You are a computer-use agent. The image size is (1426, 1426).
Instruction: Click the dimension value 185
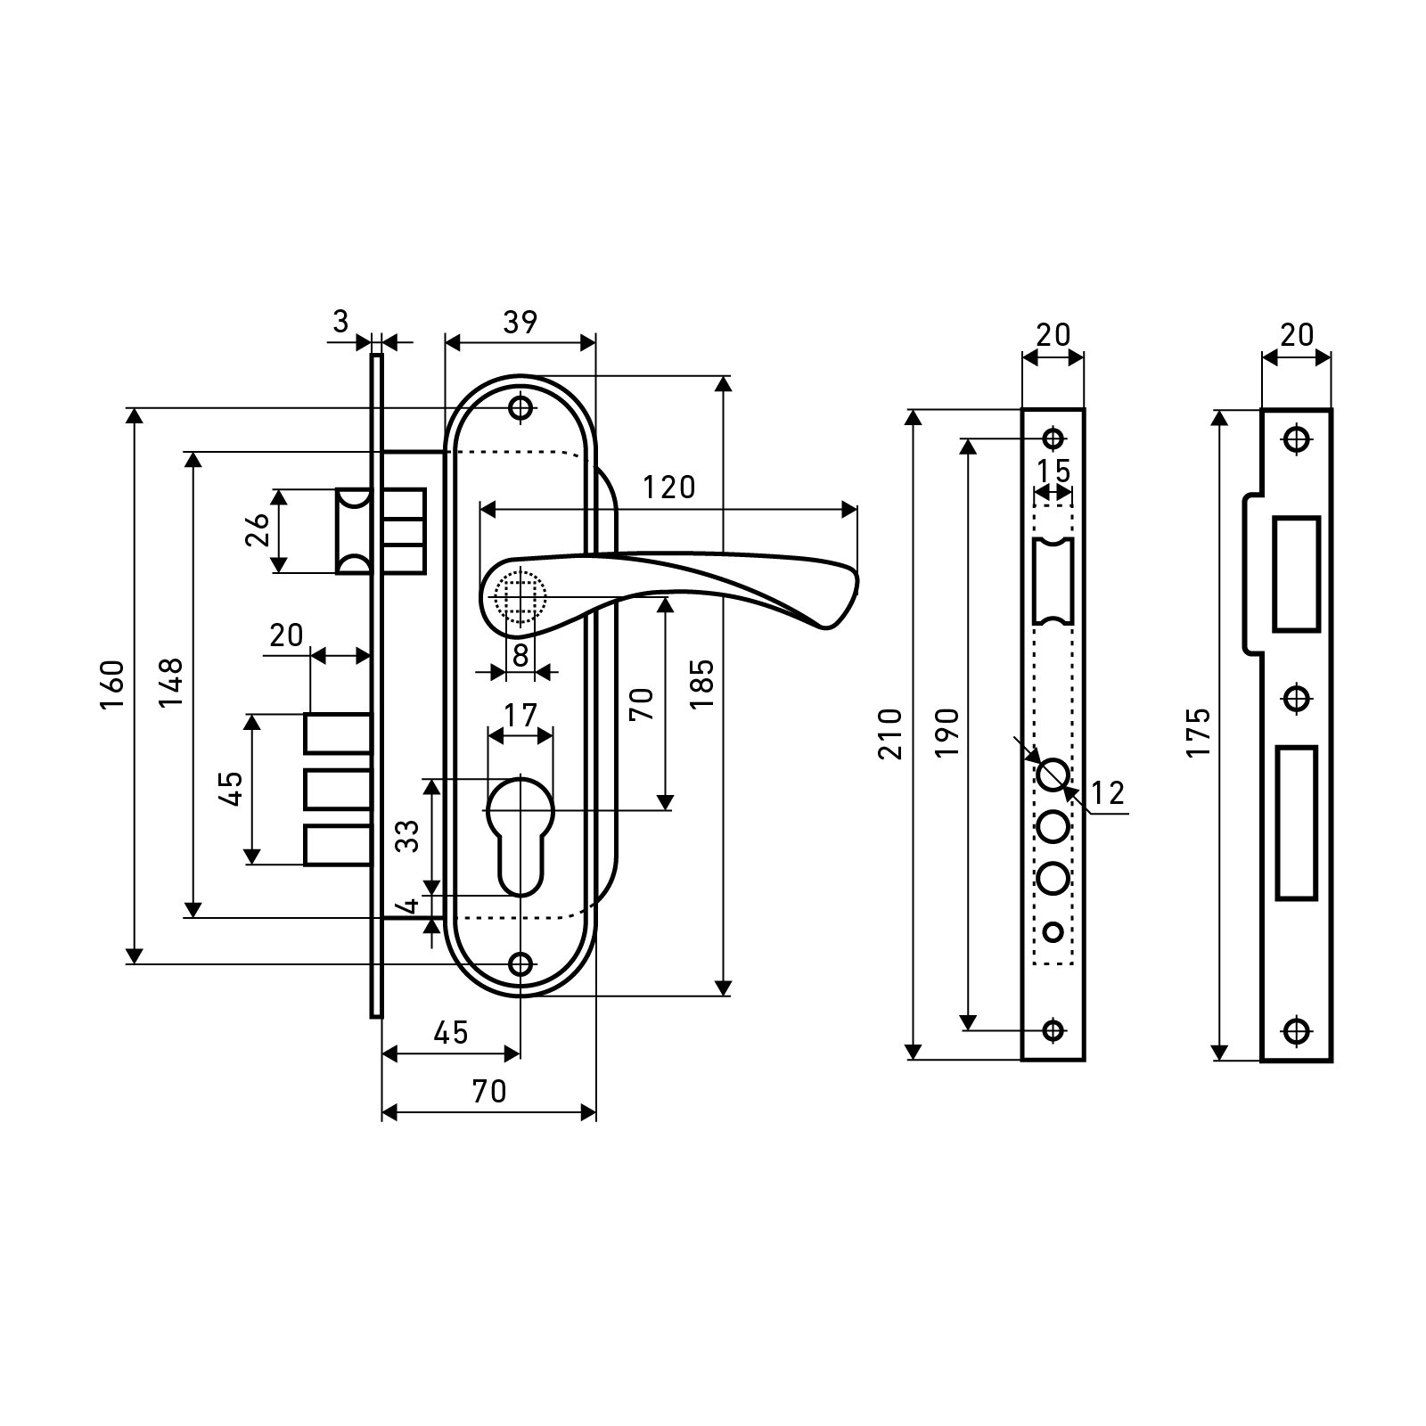[702, 683]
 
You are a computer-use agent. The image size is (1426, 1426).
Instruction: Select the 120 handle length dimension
[669, 488]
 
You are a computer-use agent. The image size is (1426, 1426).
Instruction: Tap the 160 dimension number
[111, 684]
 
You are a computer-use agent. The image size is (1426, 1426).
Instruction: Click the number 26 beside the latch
[257, 530]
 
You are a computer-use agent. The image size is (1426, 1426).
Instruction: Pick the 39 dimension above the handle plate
[520, 323]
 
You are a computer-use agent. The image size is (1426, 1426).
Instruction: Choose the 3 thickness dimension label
[341, 322]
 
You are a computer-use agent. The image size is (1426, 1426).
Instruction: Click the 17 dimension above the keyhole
[520, 715]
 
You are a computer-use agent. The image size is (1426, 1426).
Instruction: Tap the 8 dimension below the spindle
[520, 655]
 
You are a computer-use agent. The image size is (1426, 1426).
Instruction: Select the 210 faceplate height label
[890, 733]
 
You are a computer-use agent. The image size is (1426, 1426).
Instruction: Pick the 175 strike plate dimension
[1198, 733]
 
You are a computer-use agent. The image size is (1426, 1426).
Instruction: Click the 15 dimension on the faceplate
[1053, 470]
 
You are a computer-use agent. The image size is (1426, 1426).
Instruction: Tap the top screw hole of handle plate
[520, 408]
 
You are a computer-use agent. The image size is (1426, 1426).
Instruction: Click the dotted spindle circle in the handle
[520, 595]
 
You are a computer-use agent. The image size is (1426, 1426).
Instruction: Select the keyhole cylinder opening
[520, 829]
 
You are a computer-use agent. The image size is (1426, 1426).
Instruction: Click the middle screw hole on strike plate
[1297, 697]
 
